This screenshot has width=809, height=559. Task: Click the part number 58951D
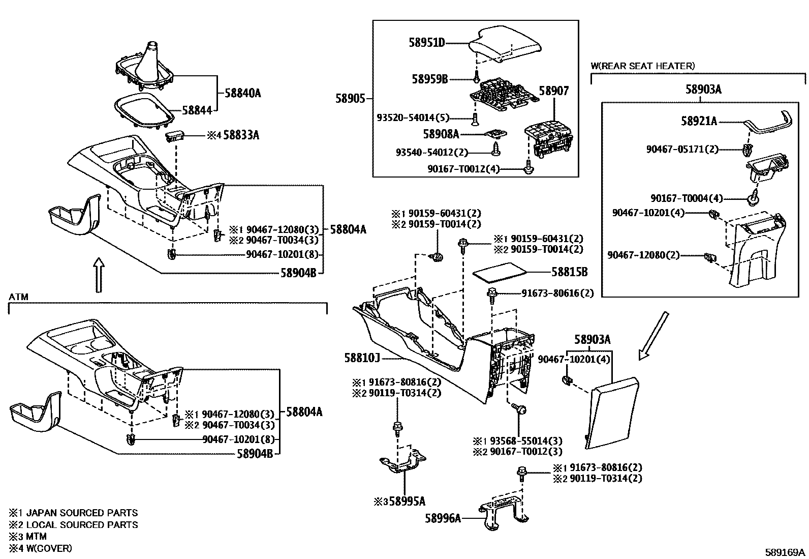click(427, 43)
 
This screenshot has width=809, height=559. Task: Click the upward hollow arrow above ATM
click(100, 275)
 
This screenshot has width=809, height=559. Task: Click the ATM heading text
click(18, 297)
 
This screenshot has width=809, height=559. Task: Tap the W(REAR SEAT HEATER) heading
click(642, 66)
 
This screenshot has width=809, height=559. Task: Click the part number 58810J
click(362, 359)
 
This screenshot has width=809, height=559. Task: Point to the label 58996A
click(443, 518)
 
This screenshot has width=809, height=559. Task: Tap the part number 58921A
click(699, 121)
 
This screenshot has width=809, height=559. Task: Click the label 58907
click(553, 91)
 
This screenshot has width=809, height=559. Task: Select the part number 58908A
click(441, 134)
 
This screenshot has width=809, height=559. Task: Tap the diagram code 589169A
click(786, 552)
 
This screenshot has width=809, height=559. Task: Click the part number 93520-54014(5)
click(413, 118)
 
